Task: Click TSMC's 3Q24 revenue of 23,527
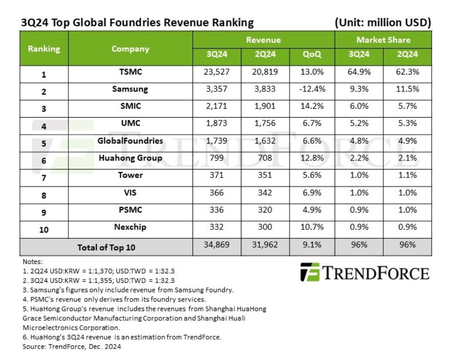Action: click(216, 72)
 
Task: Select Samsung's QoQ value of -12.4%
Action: click(312, 89)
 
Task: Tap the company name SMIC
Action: click(130, 105)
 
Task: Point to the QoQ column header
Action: click(312, 55)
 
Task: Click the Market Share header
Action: click(383, 40)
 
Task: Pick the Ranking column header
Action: click(44, 49)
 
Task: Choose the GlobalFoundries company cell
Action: click(130, 140)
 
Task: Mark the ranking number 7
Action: click(44, 178)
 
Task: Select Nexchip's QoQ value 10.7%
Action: click(312, 227)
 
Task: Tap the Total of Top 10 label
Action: click(106, 247)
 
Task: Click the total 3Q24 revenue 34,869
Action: click(216, 245)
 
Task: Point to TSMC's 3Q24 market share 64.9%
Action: click(359, 72)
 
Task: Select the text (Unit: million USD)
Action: click(383, 23)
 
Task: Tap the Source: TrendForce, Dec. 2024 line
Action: click(72, 346)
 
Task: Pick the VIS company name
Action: click(130, 192)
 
